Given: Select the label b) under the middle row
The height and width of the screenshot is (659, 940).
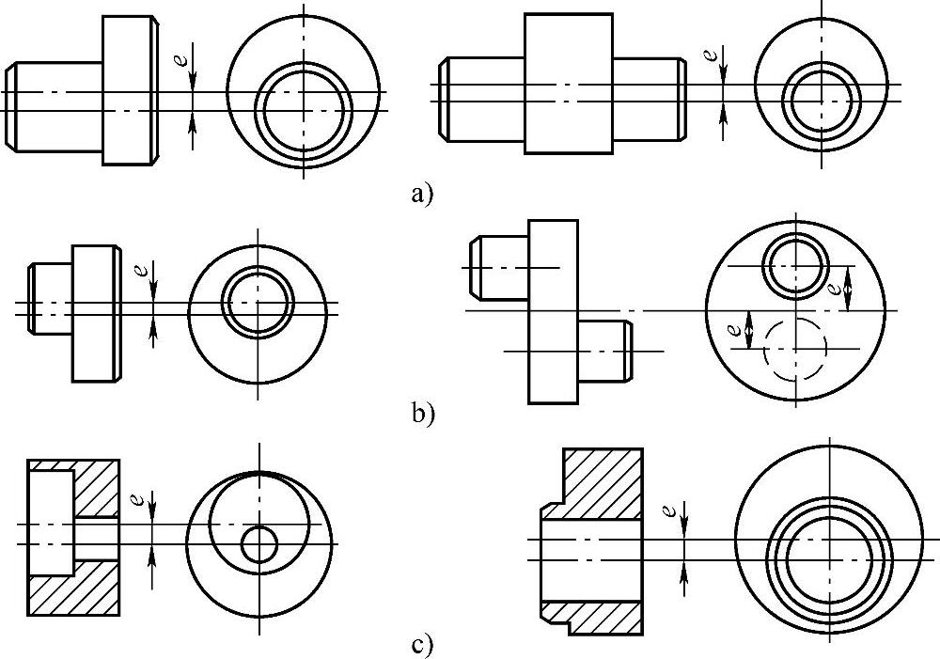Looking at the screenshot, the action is [x=422, y=413].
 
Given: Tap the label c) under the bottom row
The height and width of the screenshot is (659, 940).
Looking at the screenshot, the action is [x=421, y=646].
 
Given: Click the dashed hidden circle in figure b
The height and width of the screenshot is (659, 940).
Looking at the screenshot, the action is [x=795, y=350].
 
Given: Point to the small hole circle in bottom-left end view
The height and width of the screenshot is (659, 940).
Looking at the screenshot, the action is [x=258, y=543].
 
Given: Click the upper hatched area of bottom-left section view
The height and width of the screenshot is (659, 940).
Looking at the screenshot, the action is [x=97, y=489].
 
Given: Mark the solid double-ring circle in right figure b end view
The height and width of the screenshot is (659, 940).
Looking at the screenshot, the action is [x=795, y=265].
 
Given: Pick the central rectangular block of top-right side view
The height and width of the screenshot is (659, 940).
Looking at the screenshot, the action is [x=568, y=84].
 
